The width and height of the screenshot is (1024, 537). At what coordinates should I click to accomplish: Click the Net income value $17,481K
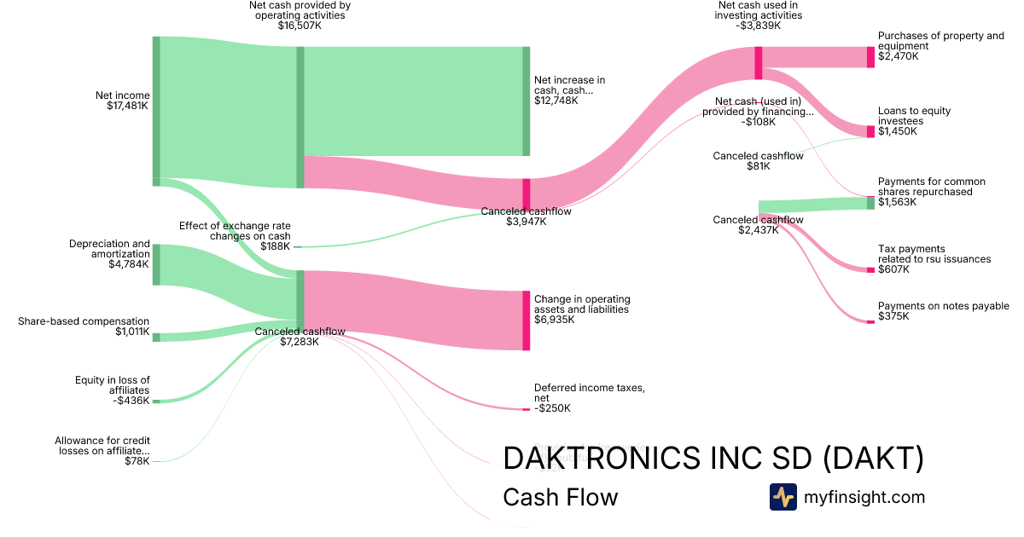(x=123, y=107)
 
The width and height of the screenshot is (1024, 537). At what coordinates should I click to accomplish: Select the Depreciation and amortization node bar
(x=156, y=264)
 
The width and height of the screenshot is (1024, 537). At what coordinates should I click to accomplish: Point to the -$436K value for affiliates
(x=132, y=401)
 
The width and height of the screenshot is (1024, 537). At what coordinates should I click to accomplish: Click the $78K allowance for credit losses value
(x=137, y=461)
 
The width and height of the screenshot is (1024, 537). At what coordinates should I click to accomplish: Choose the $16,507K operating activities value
(x=300, y=26)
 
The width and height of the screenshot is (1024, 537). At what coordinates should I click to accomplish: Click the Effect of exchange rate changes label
(x=235, y=231)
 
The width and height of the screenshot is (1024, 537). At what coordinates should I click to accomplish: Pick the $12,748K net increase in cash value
(x=556, y=101)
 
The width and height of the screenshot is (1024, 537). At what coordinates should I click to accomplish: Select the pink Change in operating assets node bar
(x=527, y=320)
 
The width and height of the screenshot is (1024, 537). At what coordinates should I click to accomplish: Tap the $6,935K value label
(x=556, y=320)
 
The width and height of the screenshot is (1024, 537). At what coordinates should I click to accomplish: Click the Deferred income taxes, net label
(x=589, y=393)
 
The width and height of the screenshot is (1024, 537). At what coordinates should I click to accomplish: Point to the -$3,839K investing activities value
(x=759, y=26)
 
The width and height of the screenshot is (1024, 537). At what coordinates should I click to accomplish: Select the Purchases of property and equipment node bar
(x=870, y=57)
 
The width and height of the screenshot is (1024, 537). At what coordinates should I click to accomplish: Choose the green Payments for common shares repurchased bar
(x=870, y=203)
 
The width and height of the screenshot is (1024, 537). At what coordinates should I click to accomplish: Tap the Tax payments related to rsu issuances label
(x=934, y=254)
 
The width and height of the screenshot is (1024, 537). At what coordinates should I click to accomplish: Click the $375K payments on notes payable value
(x=893, y=316)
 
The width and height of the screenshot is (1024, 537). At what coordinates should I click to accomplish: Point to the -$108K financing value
(x=758, y=122)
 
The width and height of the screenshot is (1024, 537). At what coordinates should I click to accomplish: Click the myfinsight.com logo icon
(x=783, y=497)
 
